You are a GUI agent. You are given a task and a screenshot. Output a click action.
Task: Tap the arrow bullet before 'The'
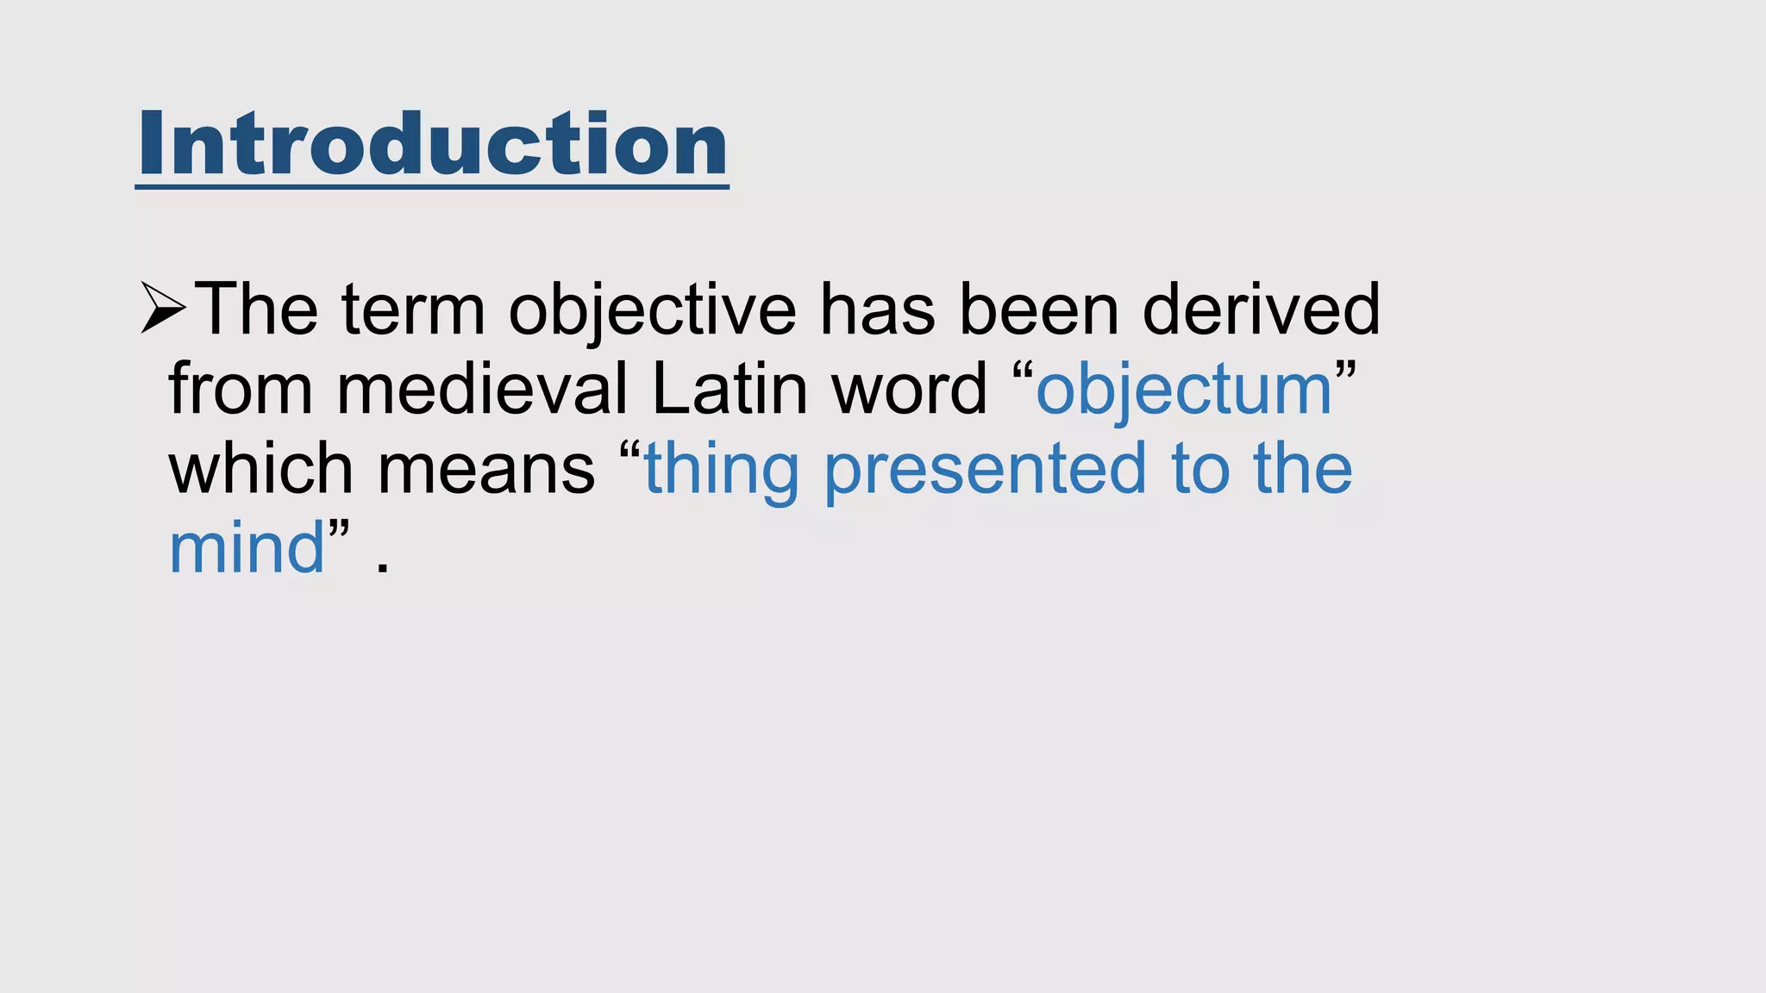point(163,308)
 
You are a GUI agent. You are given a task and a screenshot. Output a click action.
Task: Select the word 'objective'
point(652,309)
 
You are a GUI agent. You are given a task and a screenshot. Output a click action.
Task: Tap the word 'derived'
point(1261,309)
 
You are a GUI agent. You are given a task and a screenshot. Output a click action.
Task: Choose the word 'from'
point(241,389)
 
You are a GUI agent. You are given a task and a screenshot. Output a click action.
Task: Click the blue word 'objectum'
point(1184,390)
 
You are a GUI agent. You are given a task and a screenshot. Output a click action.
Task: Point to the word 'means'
point(485,470)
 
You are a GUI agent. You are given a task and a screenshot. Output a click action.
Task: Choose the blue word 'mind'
point(247,548)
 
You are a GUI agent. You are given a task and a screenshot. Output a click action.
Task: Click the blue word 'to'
point(1200,470)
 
